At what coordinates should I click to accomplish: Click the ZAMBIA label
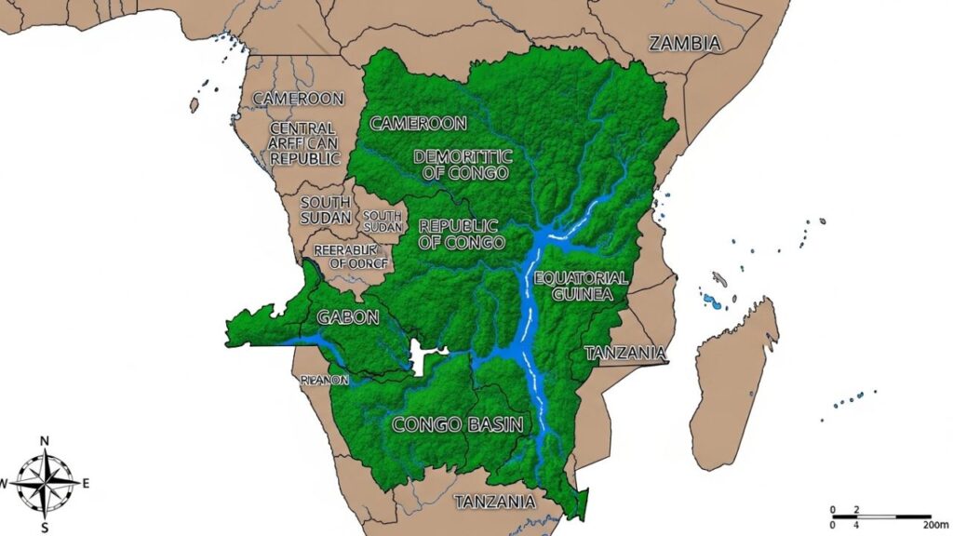point(685,43)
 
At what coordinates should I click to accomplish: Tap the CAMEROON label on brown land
point(298,98)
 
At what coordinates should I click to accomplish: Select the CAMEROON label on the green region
point(418,123)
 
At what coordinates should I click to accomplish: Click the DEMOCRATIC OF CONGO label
point(462,165)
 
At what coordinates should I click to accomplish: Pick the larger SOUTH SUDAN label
point(326,209)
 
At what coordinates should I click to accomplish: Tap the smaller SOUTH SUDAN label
point(383,221)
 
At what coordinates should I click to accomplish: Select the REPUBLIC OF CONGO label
point(462,234)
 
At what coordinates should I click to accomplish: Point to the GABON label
point(348,316)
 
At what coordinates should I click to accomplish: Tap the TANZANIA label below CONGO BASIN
point(495,502)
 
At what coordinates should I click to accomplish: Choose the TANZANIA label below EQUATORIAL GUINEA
point(625,353)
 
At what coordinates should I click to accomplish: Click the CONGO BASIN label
point(457,424)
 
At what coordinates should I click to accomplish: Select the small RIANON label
point(325,380)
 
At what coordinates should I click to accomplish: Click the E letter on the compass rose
point(87,482)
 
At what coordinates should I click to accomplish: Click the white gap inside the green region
point(425,357)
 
